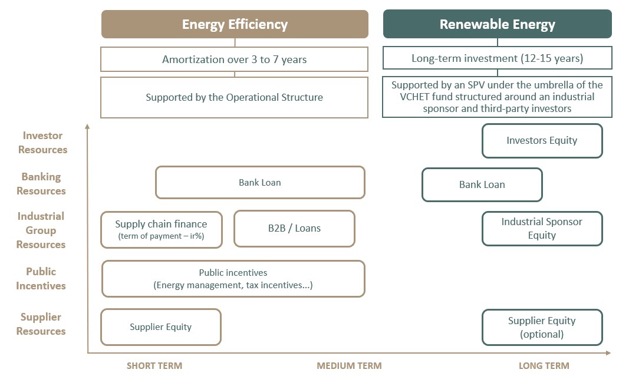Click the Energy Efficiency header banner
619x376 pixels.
coord(235,24)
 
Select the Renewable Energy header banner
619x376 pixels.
coord(498,24)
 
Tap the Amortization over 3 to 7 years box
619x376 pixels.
coord(234,59)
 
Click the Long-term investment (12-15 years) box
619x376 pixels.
coord(498,58)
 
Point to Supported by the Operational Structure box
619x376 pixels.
coord(234,97)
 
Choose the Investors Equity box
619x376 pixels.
coord(542,140)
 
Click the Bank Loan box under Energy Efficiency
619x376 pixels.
coord(260,182)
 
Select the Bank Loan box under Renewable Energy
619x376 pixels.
coord(482,184)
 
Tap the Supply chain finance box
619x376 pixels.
coord(162,230)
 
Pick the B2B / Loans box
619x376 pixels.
coord(295,229)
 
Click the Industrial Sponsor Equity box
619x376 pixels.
coord(542,229)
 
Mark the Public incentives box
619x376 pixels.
coord(233,279)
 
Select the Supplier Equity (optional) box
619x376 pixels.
coord(542,327)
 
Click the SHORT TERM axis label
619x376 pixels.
coord(154,366)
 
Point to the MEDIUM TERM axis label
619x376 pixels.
coord(350,366)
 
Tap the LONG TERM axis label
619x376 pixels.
coord(544,366)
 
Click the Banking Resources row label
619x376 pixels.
coord(41,184)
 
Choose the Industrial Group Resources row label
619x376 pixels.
coord(41,230)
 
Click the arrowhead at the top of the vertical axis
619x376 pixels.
coord(87,126)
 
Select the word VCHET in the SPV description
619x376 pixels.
coord(414,97)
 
